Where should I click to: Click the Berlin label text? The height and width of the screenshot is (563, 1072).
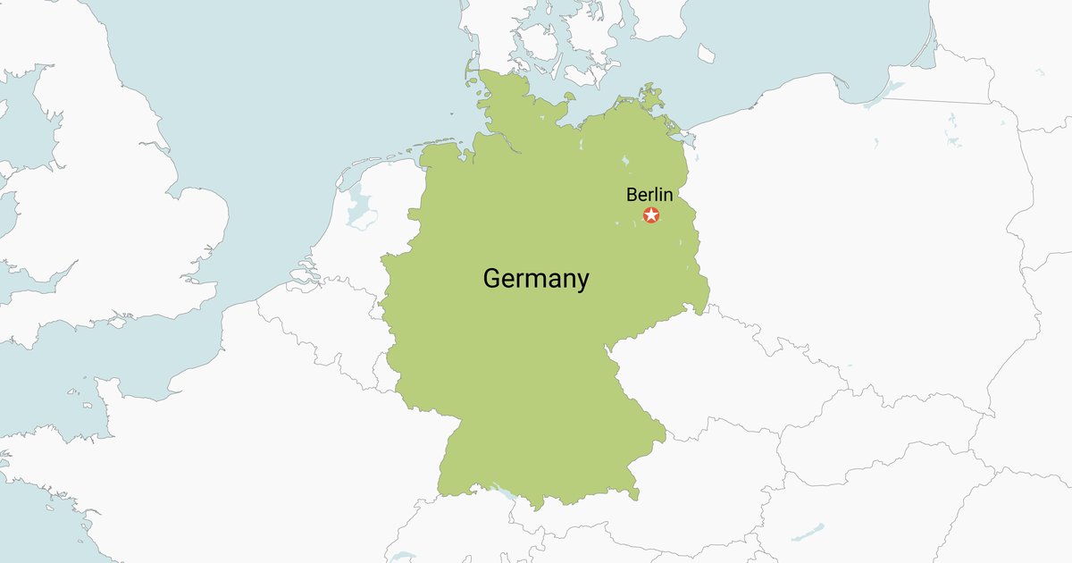click(x=649, y=195)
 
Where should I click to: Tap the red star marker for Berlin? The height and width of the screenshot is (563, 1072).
click(x=651, y=215)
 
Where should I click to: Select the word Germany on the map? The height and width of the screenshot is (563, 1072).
click(x=536, y=279)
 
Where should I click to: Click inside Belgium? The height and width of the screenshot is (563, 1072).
click(x=322, y=322)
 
